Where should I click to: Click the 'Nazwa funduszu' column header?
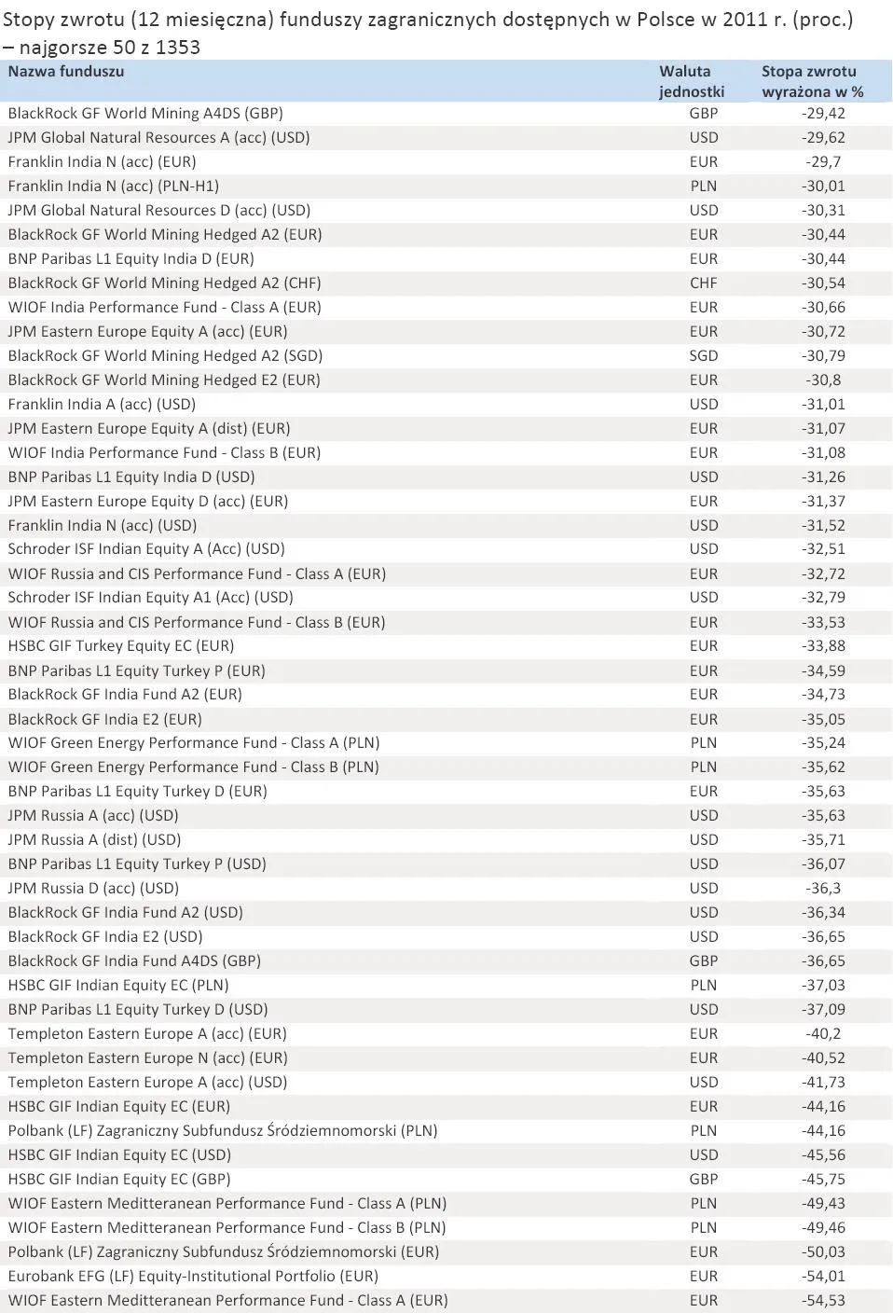point(66,72)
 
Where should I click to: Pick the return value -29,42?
point(823,114)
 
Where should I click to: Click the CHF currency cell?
point(704,283)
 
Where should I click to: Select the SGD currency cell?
point(704,356)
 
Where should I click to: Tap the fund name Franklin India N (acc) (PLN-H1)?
point(114,187)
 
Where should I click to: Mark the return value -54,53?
point(823,1301)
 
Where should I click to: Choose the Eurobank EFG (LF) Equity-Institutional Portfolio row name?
point(193,1277)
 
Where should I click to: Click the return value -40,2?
point(823,1034)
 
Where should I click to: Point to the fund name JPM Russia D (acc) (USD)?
point(93,889)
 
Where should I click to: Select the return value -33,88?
point(823,646)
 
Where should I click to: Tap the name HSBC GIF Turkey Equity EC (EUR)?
point(121,646)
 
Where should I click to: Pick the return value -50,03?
point(823,1252)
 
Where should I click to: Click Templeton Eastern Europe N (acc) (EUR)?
point(147,1058)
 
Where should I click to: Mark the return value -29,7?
point(823,162)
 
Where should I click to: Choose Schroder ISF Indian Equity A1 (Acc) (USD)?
point(151,598)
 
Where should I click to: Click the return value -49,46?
point(823,1228)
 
